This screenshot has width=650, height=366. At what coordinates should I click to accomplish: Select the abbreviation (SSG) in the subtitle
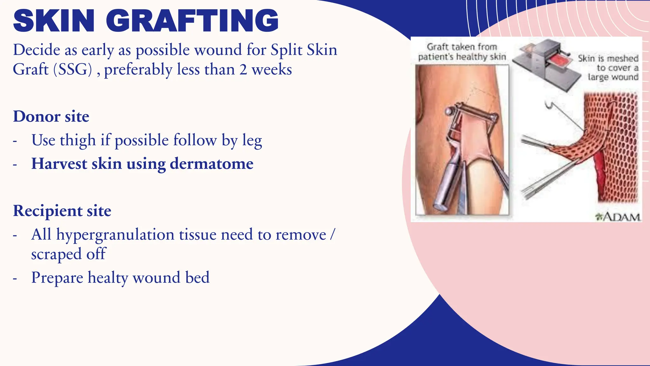pos(73,69)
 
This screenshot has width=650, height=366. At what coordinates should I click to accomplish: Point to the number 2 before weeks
pos(243,69)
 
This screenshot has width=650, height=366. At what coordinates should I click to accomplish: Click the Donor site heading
pos(51,116)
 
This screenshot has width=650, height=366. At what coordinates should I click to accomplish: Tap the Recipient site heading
pos(62,211)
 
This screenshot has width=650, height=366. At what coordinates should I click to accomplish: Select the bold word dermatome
pos(212,164)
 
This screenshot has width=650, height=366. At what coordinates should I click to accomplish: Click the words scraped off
pos(68,254)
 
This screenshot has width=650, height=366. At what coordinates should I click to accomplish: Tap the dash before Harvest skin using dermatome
pos(15,165)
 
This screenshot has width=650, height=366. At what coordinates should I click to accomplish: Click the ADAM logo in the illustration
pos(618,217)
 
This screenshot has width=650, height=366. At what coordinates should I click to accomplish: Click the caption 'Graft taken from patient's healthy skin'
pos(462,52)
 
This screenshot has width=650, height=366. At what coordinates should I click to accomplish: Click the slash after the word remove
pos(332,235)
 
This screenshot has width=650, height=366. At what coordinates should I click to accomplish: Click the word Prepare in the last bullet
pos(57,278)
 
